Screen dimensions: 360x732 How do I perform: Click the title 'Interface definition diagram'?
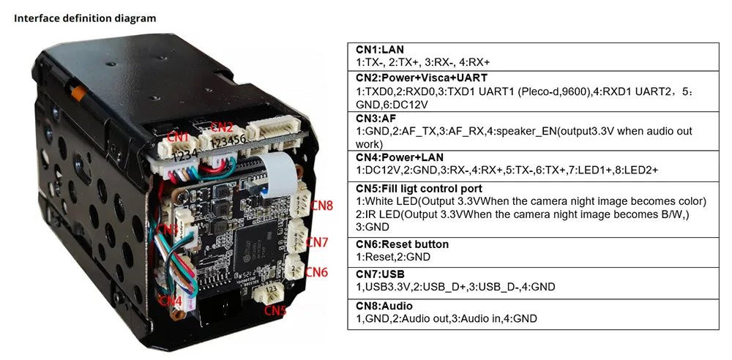tap(85, 18)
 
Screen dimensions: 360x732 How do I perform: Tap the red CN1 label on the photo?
tap(179, 136)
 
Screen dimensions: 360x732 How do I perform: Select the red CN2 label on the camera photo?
tap(222, 127)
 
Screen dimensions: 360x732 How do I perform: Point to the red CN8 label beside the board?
tap(321, 206)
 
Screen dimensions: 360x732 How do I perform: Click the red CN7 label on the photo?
tap(317, 241)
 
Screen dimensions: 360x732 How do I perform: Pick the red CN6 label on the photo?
tap(315, 272)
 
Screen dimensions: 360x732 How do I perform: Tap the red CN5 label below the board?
tap(275, 310)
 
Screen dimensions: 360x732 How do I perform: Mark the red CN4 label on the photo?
tap(170, 300)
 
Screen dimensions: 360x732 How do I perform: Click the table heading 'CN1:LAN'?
tap(380, 50)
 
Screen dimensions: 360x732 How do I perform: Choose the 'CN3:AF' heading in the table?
tap(376, 119)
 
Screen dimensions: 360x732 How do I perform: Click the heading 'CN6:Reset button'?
tap(402, 244)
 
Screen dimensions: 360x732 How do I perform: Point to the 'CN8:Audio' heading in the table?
tap(384, 305)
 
